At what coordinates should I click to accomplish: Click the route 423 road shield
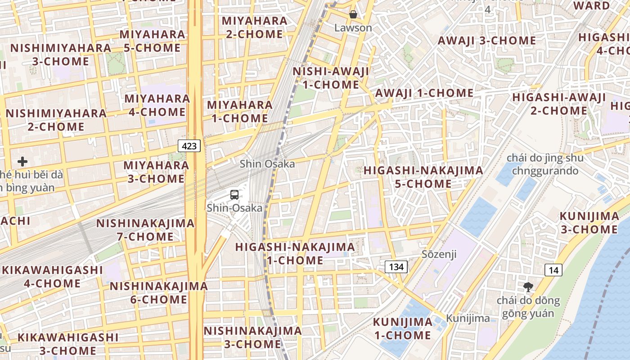189,145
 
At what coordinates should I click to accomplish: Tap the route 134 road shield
396,267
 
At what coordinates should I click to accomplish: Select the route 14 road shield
553,270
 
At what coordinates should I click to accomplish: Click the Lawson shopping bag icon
353,14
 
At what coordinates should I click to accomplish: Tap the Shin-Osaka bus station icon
234,195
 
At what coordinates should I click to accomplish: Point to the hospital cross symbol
22,162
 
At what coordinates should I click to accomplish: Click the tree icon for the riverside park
528,287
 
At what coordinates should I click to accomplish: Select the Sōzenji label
439,254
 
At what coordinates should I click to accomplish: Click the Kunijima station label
468,319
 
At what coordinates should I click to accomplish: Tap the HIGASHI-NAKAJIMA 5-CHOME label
423,177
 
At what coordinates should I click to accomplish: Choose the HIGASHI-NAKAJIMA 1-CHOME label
295,254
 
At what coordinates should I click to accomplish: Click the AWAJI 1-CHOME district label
424,93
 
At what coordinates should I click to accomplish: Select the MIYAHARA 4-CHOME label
157,105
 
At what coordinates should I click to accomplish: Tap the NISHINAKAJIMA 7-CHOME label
145,230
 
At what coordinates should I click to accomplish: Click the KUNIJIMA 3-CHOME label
589,223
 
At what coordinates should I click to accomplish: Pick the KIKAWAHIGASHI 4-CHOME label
52,277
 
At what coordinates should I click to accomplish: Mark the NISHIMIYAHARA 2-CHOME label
56,120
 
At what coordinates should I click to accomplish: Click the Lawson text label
353,28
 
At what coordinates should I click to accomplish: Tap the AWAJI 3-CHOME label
487,40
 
